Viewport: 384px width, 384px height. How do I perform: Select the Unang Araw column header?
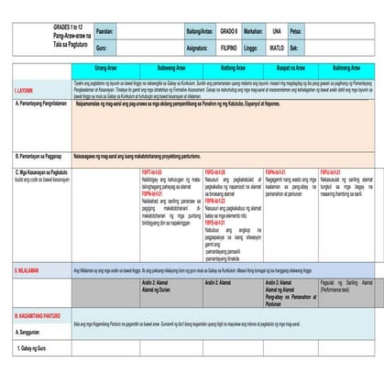tap(106, 68)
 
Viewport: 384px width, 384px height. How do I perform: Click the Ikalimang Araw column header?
tap(346, 68)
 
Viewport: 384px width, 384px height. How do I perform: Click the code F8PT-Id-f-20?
tap(151, 172)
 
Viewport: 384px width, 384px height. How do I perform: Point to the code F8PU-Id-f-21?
tap(331, 172)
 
